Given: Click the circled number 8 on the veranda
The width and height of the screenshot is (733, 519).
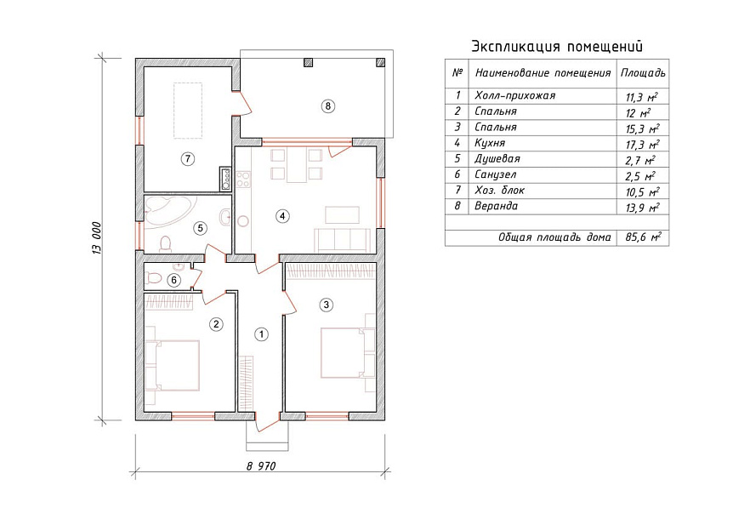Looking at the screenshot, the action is [x=327, y=106].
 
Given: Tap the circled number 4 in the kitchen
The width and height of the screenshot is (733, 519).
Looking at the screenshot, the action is [x=281, y=216].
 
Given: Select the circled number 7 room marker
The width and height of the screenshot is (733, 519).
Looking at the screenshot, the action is [x=187, y=159].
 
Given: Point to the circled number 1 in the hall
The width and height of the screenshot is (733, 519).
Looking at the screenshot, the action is [x=261, y=334].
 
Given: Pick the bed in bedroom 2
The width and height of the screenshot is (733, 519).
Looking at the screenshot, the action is [x=173, y=365].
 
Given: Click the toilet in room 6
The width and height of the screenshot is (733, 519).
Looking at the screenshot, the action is [x=153, y=279].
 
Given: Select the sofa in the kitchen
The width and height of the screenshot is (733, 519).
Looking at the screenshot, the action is [x=344, y=240].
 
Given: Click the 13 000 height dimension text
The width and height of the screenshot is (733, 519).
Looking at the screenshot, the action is [x=97, y=238].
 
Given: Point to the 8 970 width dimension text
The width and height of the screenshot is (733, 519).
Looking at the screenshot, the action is [x=261, y=465].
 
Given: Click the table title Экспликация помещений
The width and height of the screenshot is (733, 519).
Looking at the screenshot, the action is [x=557, y=46].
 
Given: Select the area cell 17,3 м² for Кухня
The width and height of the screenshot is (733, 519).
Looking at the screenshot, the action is [x=643, y=145].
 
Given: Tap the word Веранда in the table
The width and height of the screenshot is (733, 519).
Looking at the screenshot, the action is [x=496, y=206].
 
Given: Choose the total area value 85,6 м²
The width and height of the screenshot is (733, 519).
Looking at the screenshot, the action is [x=643, y=237].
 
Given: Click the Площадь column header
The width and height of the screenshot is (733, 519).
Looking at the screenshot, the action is [x=643, y=73].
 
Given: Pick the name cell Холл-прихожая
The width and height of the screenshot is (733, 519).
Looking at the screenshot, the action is [x=515, y=95].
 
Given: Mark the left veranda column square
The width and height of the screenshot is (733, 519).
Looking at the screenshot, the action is [x=308, y=63].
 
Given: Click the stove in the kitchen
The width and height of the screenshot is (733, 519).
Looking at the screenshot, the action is [x=243, y=180].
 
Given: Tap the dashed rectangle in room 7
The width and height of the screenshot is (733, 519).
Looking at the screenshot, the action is [x=188, y=111].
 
